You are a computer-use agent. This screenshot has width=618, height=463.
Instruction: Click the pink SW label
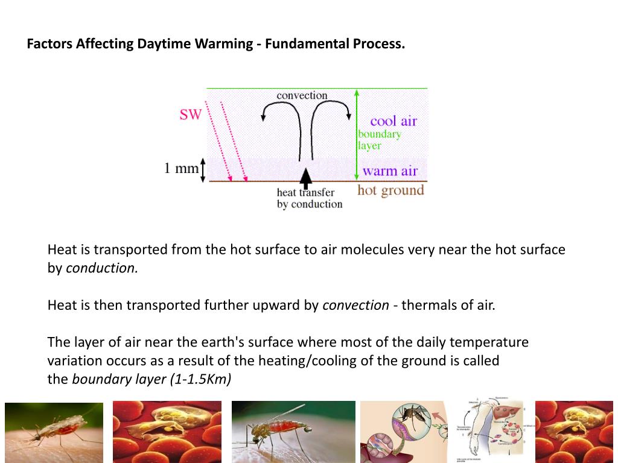tap(190, 114)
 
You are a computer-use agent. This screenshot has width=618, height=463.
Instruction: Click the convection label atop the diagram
tap(302, 95)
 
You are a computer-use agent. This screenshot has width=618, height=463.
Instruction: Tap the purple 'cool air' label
tap(393, 121)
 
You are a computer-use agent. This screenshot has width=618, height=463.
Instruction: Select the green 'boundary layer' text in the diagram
tap(379, 140)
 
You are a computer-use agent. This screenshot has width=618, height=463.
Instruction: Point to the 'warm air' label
tap(390, 171)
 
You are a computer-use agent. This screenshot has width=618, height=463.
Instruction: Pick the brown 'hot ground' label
tap(390, 191)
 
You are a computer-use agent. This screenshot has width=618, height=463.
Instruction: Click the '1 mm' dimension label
tap(181, 168)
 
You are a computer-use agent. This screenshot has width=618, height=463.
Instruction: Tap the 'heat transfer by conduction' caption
tap(309, 198)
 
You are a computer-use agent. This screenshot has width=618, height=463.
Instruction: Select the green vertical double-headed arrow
tap(357, 133)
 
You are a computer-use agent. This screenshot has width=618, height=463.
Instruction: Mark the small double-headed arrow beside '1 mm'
tap(203, 169)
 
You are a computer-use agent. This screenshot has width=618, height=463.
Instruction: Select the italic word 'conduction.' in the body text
tap(102, 268)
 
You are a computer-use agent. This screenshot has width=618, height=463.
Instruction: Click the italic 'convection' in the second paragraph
tap(355, 305)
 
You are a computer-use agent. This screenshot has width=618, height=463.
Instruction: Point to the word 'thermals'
tap(429, 305)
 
